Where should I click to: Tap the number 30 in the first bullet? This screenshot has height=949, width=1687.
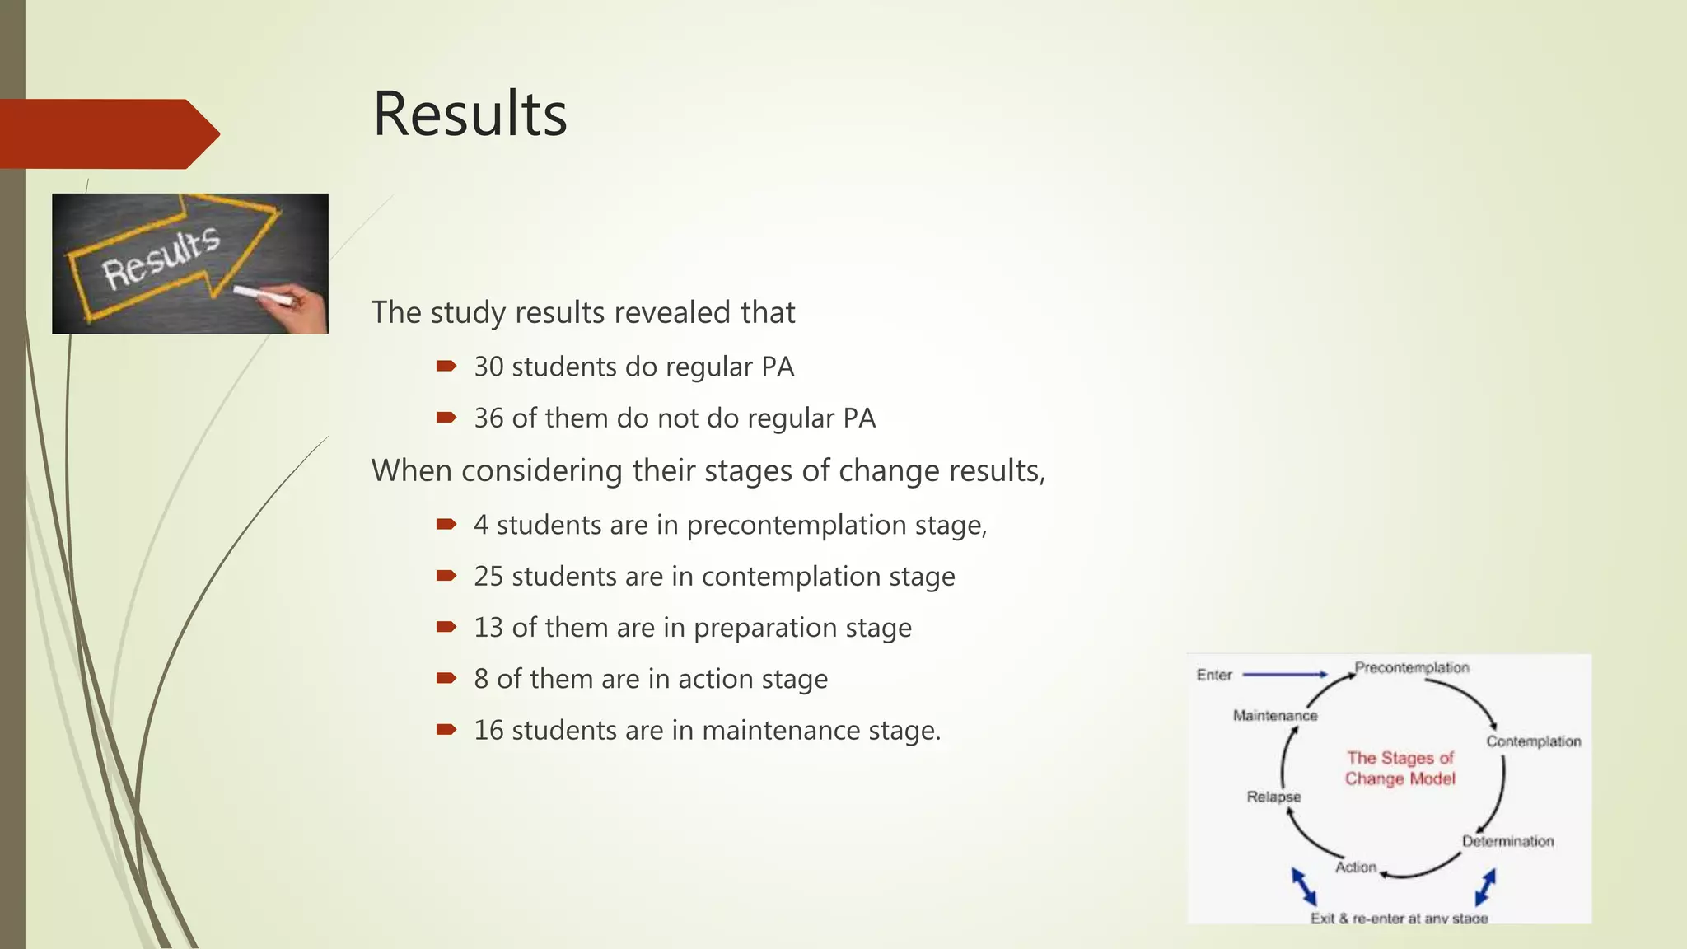tap(488, 367)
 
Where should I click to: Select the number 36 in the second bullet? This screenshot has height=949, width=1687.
tap(488, 418)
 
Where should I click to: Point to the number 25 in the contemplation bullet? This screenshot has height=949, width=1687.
tap(488, 577)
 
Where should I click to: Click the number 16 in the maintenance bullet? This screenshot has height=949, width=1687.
tap(488, 731)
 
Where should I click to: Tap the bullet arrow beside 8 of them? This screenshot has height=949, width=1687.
tap(446, 679)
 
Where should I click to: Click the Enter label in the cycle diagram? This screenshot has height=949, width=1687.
tap(1213, 676)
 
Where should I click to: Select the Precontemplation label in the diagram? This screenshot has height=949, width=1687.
tap(1412, 667)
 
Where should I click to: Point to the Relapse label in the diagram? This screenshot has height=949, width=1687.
tap(1273, 797)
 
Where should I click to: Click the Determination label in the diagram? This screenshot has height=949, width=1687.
tap(1507, 841)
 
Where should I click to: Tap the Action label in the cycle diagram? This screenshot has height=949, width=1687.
tap(1355, 867)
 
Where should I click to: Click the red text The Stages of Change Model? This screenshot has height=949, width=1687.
tap(1400, 768)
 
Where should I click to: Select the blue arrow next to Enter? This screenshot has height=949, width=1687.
tap(1284, 675)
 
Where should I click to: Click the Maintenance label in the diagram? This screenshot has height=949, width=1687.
tap(1274, 715)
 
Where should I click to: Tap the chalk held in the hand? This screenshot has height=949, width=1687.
tap(262, 295)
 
